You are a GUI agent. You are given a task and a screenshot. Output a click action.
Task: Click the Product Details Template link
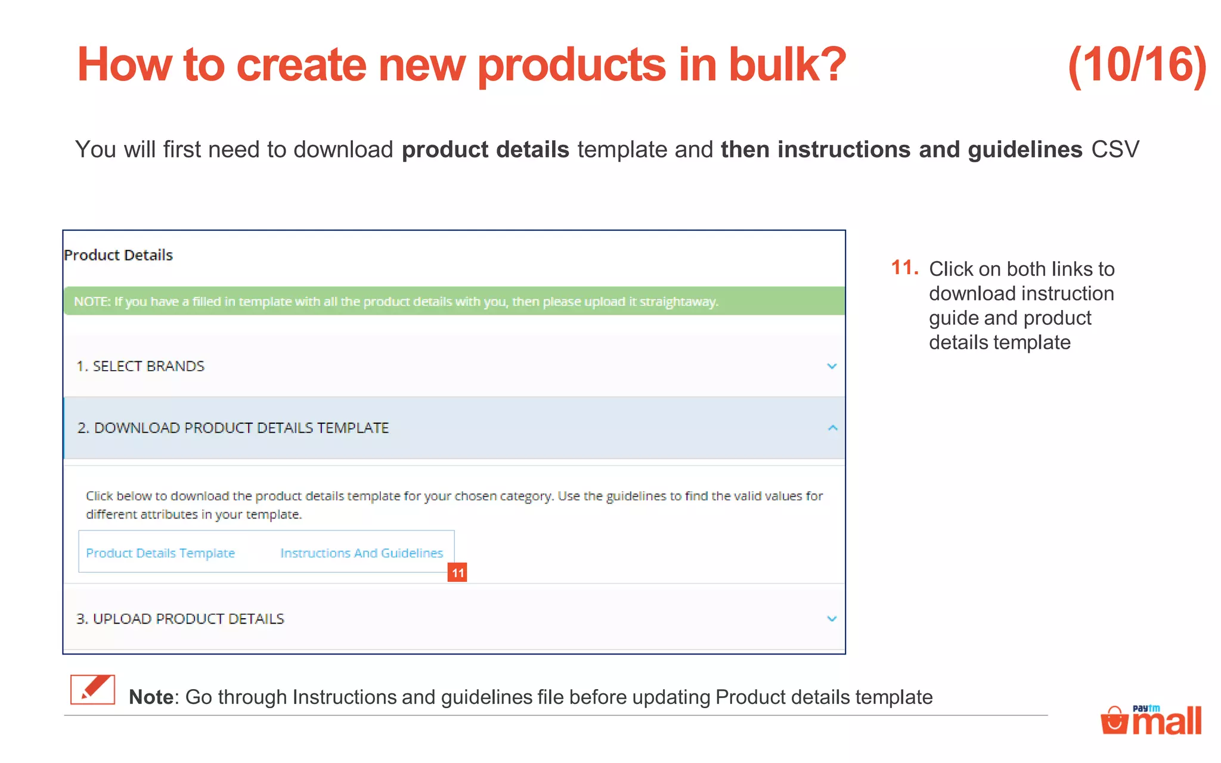click(160, 553)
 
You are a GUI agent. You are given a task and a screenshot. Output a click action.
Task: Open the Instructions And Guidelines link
click(361, 553)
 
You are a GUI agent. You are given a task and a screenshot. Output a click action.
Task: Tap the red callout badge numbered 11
click(457, 573)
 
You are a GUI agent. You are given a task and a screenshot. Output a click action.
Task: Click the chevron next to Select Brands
click(832, 366)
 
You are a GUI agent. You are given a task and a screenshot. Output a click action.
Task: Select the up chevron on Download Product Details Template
click(832, 428)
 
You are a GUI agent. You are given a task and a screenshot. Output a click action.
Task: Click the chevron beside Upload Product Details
click(832, 619)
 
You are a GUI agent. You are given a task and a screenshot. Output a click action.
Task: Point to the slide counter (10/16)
click(1137, 65)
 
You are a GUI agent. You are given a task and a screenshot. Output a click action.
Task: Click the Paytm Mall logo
click(1151, 719)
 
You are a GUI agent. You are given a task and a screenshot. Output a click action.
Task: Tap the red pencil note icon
click(92, 690)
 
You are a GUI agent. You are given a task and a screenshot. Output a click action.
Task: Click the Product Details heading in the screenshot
click(118, 255)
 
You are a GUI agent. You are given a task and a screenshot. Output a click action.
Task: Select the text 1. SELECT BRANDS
click(141, 366)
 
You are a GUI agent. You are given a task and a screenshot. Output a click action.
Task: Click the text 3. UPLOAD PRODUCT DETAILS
click(180, 619)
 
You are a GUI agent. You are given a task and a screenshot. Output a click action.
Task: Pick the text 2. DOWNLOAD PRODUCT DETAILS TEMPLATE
click(233, 428)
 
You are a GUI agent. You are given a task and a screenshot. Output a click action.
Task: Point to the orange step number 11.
click(904, 268)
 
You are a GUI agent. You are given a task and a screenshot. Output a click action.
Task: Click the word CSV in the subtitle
click(1115, 150)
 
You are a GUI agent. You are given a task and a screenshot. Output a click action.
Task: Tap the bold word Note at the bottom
click(150, 697)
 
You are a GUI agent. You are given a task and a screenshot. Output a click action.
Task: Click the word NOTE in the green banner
click(92, 302)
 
